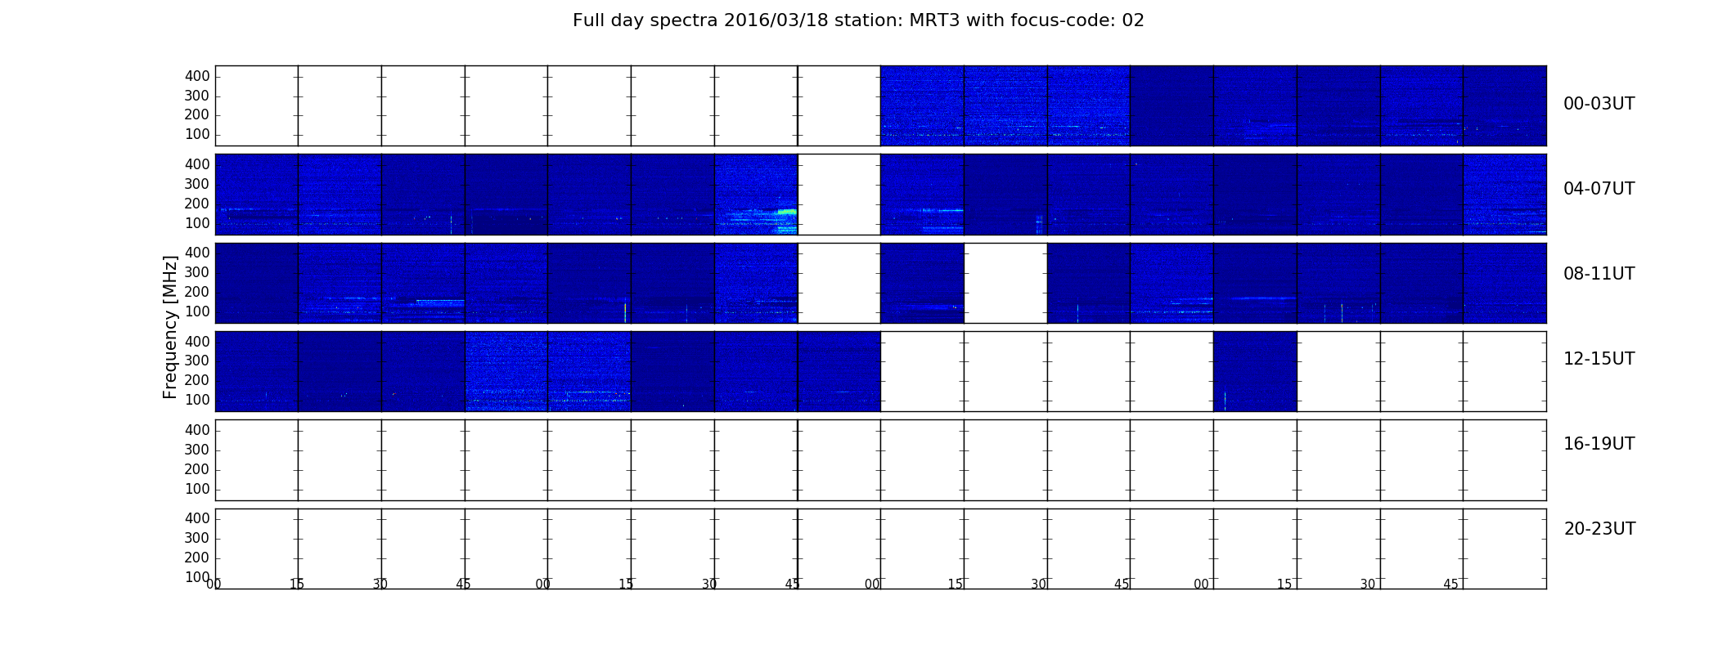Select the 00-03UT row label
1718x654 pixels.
click(x=1599, y=104)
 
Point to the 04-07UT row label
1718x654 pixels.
click(x=1599, y=189)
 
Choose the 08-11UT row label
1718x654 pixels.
click(x=1599, y=274)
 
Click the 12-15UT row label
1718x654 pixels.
click(x=1599, y=359)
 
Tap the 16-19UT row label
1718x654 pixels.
click(x=1599, y=444)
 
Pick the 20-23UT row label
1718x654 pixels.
click(x=1599, y=529)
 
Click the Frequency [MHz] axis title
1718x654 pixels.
click(x=170, y=327)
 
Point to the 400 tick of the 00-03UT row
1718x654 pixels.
click(x=197, y=76)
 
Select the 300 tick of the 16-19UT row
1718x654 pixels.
click(x=197, y=450)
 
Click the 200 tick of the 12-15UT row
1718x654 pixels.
click(x=197, y=380)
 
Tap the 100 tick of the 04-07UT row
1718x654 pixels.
click(x=197, y=223)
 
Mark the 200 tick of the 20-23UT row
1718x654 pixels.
click(x=197, y=558)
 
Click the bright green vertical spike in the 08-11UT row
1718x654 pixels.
click(x=625, y=312)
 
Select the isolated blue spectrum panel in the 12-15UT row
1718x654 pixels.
click(x=1255, y=371)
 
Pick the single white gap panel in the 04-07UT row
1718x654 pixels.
click(x=839, y=195)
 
